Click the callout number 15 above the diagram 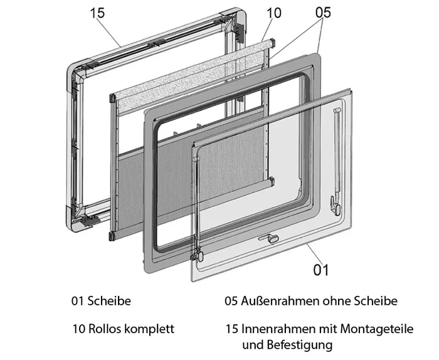click(98, 13)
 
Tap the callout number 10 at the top click(274, 13)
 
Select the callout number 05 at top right click(320, 13)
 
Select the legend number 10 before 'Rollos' click(78, 329)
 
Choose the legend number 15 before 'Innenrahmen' click(232, 329)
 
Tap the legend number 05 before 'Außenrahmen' click(231, 301)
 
